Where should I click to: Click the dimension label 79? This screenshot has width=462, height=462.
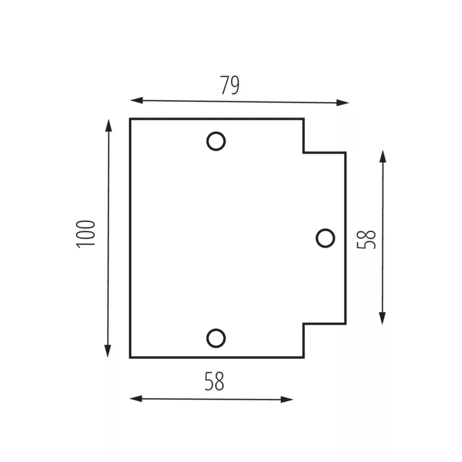coord(230,85)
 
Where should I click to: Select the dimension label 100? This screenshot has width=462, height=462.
coord(86,234)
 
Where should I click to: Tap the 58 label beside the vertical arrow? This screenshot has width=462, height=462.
coord(366,240)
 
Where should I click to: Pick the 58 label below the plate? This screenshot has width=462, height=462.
coord(214,381)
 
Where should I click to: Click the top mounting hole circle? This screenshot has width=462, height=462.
coord(216,133)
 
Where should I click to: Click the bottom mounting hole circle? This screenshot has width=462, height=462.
coord(216,329)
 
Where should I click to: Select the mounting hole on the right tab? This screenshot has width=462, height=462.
coord(325,229)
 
